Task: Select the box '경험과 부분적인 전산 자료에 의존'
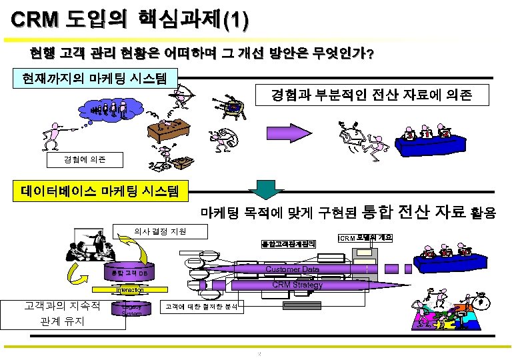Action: coord(371,96)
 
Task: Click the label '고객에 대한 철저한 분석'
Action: coord(204,307)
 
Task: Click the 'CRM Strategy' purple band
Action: coord(297,285)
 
